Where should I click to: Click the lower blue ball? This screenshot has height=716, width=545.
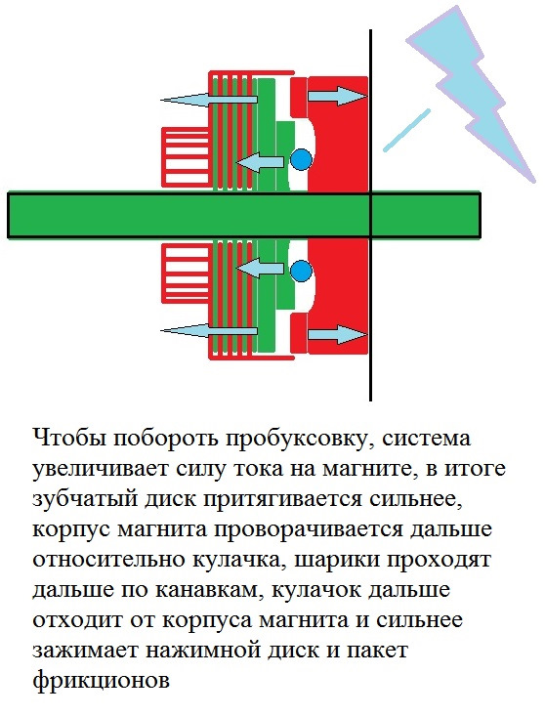coord(301,271)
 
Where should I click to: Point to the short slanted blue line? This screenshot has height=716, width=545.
coord(406,130)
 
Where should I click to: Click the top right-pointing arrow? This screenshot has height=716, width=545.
coord(338,96)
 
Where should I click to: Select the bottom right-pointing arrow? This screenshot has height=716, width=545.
coord(338,334)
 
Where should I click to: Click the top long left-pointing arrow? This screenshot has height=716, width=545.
coord(209,99)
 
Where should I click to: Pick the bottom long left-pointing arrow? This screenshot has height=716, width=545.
coord(209,330)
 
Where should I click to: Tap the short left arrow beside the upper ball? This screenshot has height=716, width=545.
coord(259,162)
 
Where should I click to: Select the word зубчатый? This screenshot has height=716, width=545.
coord(83,499)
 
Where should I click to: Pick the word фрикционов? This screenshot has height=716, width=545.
coord(102,681)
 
